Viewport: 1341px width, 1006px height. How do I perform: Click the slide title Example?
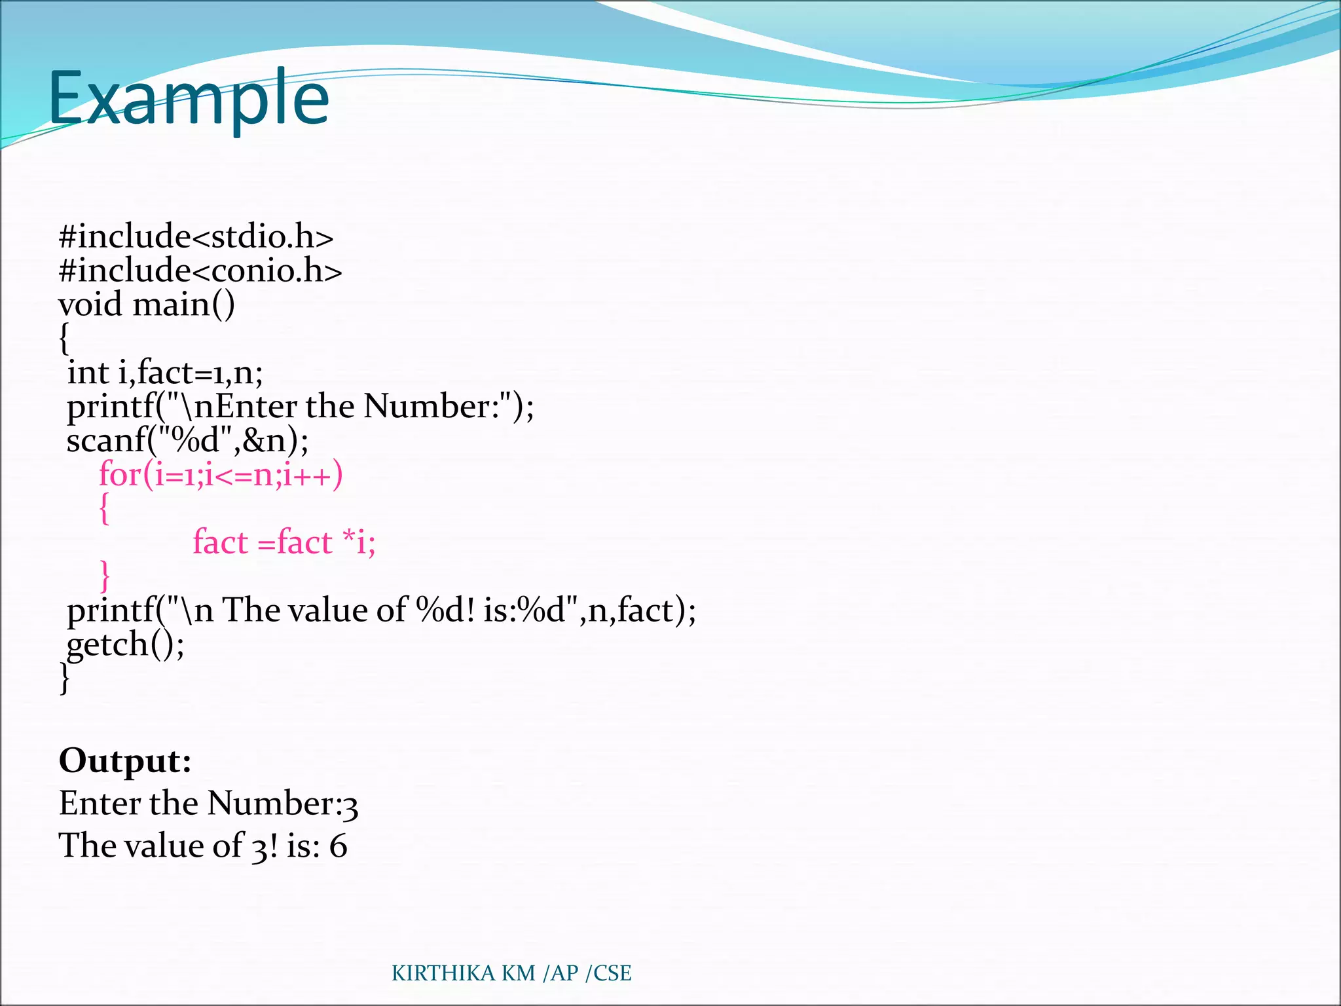189,98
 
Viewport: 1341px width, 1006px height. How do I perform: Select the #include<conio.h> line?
200,270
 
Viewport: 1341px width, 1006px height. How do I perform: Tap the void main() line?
147,305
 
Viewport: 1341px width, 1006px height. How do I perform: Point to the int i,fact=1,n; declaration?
165,373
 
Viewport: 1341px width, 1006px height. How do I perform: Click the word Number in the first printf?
426,406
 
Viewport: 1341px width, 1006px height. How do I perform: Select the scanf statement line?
187,440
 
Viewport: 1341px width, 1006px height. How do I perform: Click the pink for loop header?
221,474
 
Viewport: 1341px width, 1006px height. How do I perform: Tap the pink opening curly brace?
104,508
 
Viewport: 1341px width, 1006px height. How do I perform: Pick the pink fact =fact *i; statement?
284,542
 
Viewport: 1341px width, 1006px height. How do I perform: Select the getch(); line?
126,644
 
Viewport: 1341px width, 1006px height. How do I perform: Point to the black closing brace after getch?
64,679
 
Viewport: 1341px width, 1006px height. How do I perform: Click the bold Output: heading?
125,760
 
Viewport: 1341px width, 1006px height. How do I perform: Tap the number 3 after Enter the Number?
350,806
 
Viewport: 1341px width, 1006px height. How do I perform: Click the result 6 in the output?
338,846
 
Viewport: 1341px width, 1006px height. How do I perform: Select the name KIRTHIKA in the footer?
443,973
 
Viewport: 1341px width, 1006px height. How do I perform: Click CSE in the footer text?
612,973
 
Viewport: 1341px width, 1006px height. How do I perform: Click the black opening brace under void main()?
64,339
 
